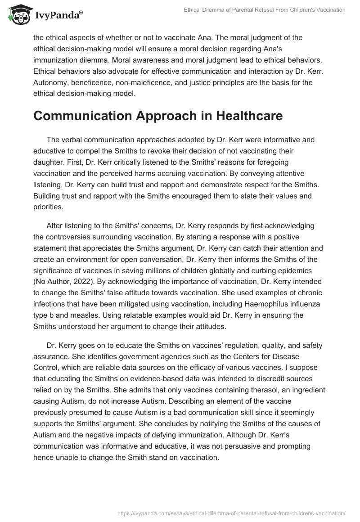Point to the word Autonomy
pyautogui.click(x=50, y=83)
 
